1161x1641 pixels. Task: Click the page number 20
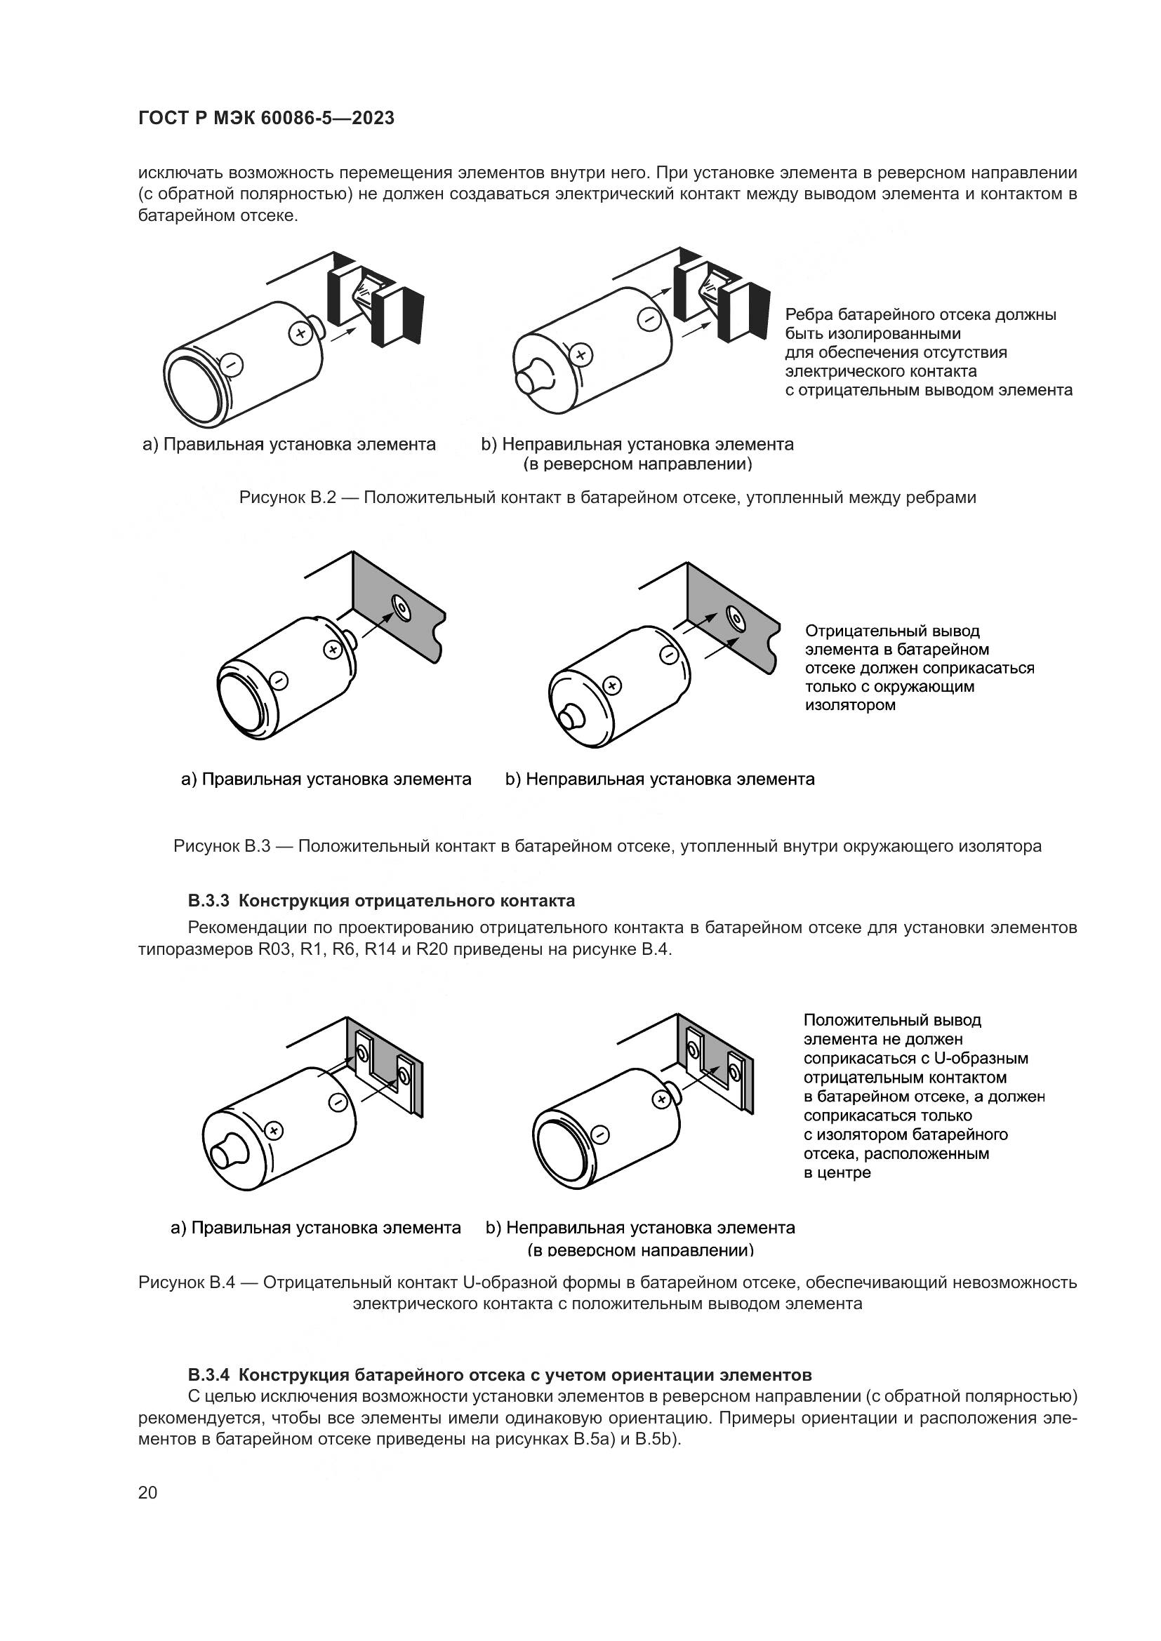tap(147, 1492)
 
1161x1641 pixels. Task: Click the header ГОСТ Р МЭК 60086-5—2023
tap(266, 119)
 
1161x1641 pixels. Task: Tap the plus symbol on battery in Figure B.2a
tap(300, 333)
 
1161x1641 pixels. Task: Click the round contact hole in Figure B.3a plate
tap(402, 608)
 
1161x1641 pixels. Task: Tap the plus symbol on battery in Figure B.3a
tap(332, 650)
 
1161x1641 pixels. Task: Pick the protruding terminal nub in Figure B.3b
tap(573, 716)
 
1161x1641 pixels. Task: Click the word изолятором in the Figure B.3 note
tap(850, 704)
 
